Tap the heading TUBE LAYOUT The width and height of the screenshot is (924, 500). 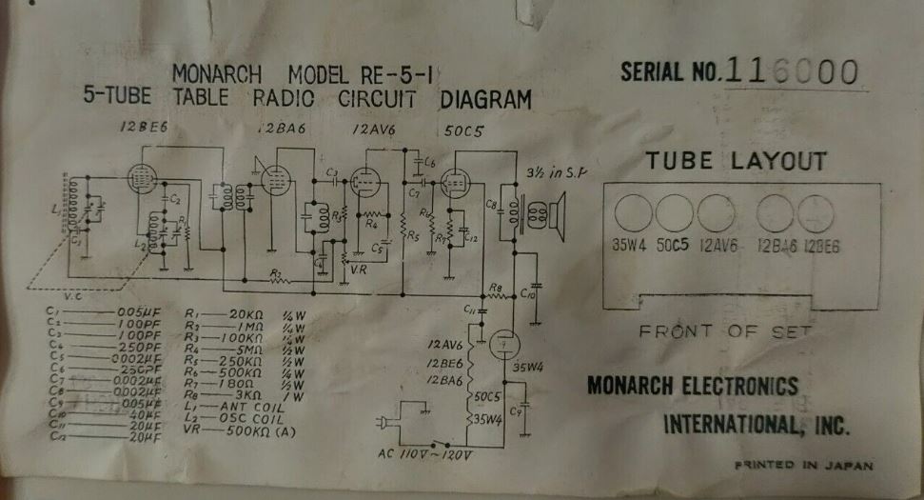[x=736, y=161]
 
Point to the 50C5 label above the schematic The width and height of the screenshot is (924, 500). [x=465, y=131]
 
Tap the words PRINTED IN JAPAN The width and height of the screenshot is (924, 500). [x=803, y=466]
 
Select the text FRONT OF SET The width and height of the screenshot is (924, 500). [x=725, y=331]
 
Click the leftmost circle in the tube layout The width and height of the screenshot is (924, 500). [x=633, y=213]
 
